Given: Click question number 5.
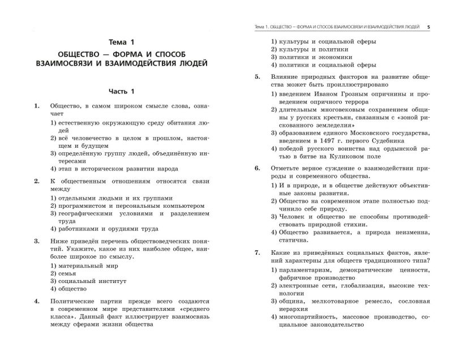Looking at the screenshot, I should coord(257,76).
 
